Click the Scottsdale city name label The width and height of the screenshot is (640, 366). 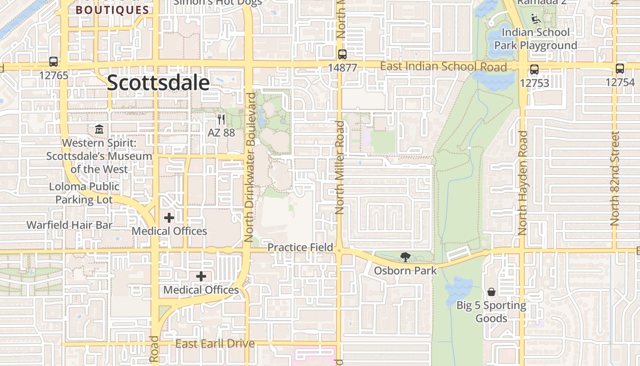(158, 83)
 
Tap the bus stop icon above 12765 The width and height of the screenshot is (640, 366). (53, 62)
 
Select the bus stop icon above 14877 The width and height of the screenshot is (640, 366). (342, 54)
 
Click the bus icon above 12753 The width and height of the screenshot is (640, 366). (534, 70)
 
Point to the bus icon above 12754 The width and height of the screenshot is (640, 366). (620, 69)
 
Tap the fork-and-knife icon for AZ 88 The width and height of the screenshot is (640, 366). (221, 119)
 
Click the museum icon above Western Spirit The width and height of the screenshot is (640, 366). (99, 129)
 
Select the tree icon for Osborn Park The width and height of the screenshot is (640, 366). (405, 257)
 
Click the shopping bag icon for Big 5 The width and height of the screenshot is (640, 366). (491, 291)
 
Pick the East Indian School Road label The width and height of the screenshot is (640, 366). (443, 67)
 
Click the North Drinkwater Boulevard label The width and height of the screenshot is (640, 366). (250, 167)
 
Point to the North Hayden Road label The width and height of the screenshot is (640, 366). (523, 183)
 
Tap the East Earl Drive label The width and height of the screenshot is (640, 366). (215, 344)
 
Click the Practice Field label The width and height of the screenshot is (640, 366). (300, 248)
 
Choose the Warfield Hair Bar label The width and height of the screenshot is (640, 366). (69, 225)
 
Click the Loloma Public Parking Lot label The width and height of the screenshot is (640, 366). (84, 193)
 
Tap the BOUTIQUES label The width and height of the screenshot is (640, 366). (112, 10)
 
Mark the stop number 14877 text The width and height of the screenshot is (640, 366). (342, 68)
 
